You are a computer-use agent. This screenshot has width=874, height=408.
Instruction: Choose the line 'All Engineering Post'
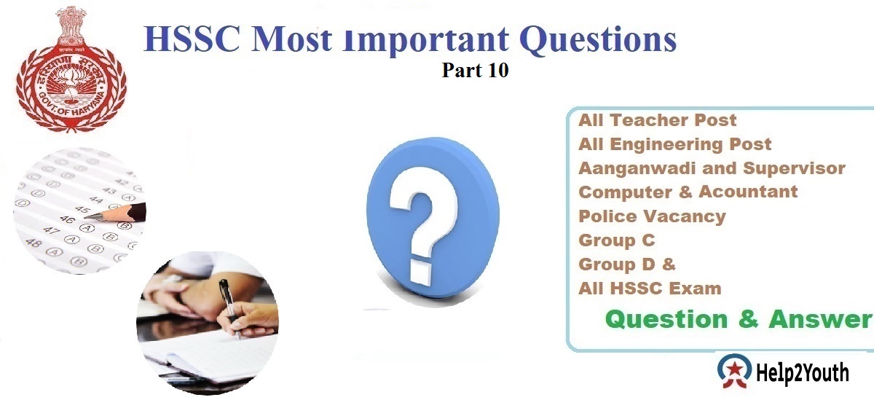674,144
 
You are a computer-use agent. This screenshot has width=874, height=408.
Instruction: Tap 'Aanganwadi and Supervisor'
712,168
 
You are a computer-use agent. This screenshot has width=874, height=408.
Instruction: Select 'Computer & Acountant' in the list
688,192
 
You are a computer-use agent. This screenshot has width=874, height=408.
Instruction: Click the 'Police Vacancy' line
652,216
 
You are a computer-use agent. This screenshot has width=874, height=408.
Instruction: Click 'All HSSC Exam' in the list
650,289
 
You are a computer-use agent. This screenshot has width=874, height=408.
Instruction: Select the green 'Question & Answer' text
738,319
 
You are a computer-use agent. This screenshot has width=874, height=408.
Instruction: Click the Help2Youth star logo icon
733,374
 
